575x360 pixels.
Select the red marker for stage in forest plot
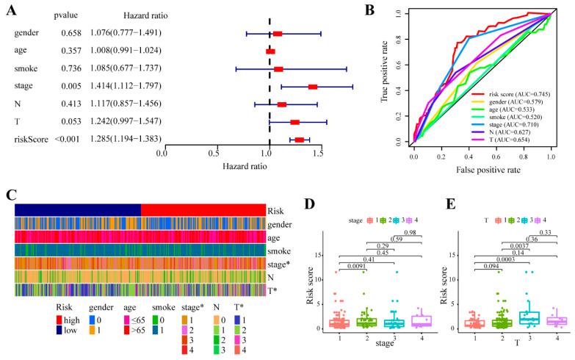tap(313, 87)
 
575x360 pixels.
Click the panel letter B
tap(390, 10)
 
